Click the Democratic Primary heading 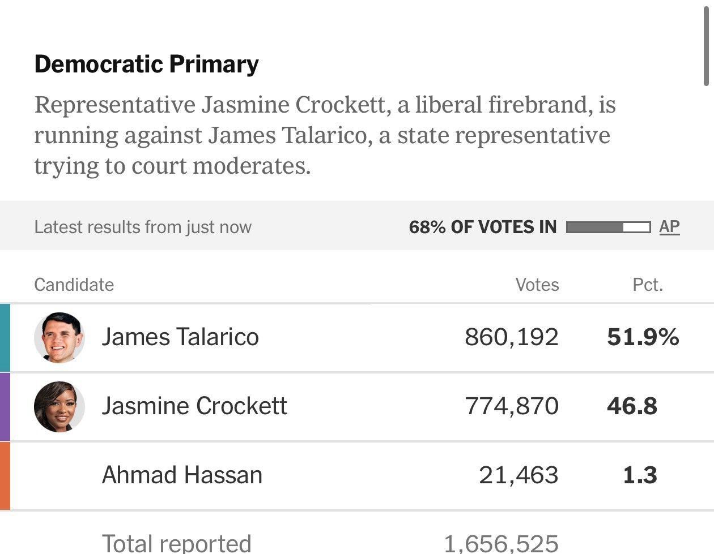(x=147, y=65)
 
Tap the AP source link (x=669, y=227)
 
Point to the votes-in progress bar (x=608, y=227)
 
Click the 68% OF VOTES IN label (x=483, y=227)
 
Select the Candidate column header (x=74, y=285)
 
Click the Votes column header (x=537, y=285)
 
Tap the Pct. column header (x=648, y=285)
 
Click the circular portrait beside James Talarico (x=59, y=337)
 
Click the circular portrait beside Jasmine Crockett (x=59, y=407)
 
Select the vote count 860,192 (x=512, y=337)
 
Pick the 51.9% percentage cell (x=643, y=337)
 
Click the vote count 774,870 (x=512, y=406)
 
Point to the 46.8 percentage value (x=632, y=406)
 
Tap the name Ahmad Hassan (x=182, y=475)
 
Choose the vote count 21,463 (x=518, y=475)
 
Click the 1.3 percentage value (x=640, y=475)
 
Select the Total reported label (x=177, y=543)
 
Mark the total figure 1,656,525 (x=501, y=544)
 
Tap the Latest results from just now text (x=143, y=227)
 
